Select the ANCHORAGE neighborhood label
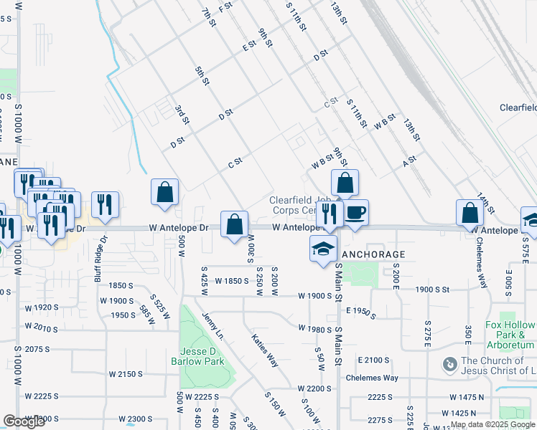point(373,254)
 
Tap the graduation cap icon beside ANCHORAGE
point(323,249)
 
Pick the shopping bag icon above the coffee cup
point(345,183)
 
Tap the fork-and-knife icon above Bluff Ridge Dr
point(105,205)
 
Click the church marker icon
point(449,365)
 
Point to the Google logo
point(24,422)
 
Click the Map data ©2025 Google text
point(493,425)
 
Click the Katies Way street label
point(264,350)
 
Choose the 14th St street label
point(486,200)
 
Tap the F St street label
point(227,8)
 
